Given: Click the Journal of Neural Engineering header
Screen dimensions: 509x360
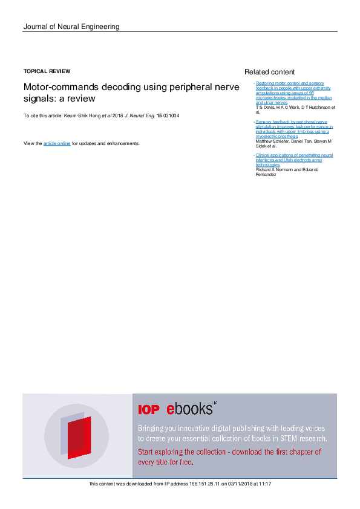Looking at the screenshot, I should point(71,27).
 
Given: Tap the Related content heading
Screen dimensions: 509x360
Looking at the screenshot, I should point(269,72).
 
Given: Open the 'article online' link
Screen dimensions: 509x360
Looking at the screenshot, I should point(57,143).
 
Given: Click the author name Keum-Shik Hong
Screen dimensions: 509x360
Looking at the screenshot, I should point(81,115).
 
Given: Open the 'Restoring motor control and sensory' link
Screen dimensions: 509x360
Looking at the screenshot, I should point(282,83).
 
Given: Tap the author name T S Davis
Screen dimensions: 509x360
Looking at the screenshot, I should point(265,108).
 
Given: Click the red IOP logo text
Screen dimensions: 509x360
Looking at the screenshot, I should point(149,410).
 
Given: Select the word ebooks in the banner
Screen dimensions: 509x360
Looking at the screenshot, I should point(190,409).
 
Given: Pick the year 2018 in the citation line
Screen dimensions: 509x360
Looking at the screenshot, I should point(117,115).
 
